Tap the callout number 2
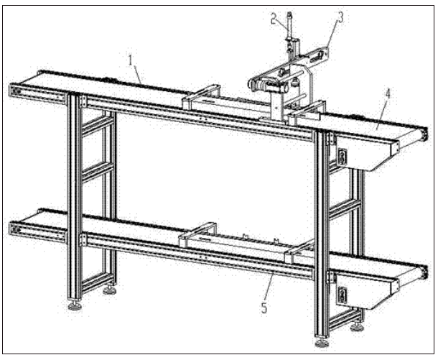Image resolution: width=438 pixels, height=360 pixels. pyautogui.click(x=273, y=19)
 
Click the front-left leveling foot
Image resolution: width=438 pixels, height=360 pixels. pyautogui.click(x=76, y=305)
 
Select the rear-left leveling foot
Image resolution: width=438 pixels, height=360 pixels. pyautogui.click(x=110, y=291)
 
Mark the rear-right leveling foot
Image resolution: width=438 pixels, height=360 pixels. pyautogui.click(x=357, y=327)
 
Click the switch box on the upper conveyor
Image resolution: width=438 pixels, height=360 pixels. pyautogui.click(x=342, y=156)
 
